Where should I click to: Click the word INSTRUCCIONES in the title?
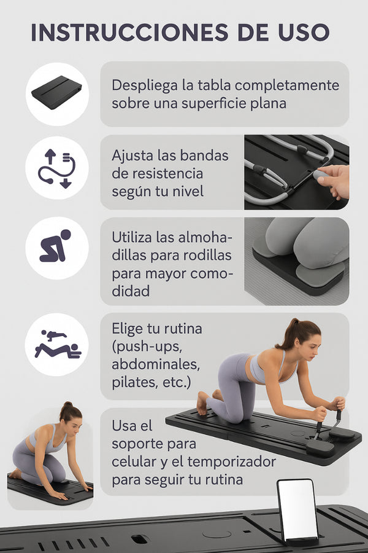pos(129,33)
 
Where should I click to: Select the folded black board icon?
pos(56,92)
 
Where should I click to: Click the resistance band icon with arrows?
pos(56,168)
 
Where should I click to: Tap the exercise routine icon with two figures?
pos(58,344)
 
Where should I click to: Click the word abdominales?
pos(156,364)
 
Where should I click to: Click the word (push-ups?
pos(147,347)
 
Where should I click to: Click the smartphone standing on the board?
pos(297,511)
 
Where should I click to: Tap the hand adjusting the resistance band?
pos(333,181)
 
